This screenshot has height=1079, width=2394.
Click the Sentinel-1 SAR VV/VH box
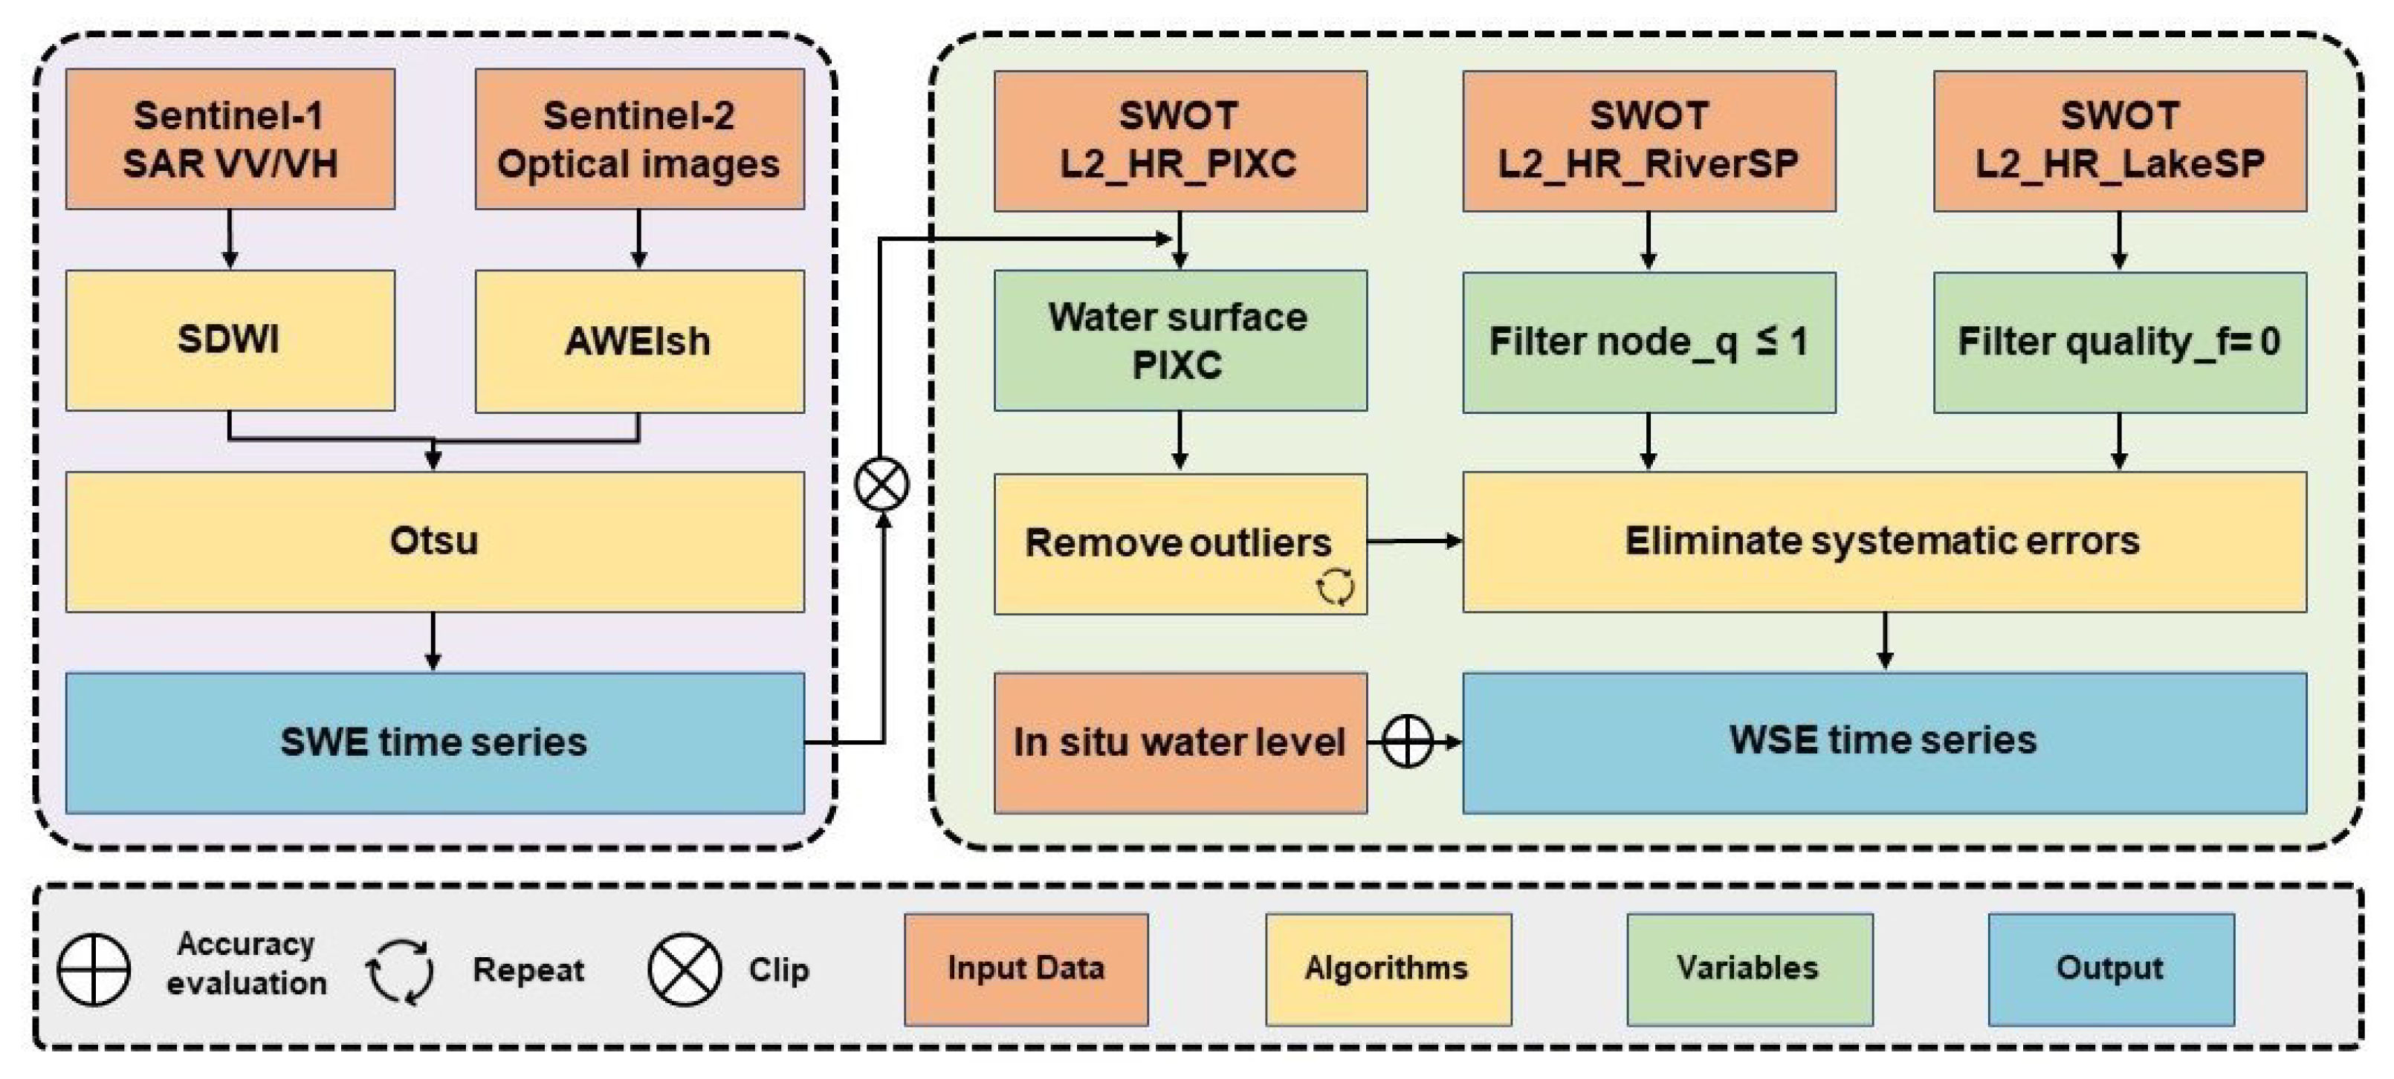tap(230, 140)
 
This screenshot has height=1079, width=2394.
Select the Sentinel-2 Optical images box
tap(639, 140)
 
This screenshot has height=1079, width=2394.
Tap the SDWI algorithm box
tap(230, 340)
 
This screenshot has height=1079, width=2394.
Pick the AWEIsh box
tap(639, 341)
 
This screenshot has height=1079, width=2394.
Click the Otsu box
tap(434, 541)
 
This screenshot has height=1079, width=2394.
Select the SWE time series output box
tap(434, 742)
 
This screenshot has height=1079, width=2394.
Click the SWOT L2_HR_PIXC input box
tap(1180, 140)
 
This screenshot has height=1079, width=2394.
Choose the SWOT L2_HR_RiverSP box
tap(1648, 140)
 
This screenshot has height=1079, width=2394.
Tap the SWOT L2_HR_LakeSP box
tap(2119, 140)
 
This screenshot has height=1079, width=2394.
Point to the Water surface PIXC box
tap(1180, 340)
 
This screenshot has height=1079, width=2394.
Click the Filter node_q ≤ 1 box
tap(1648, 342)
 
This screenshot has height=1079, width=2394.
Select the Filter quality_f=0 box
tap(2119, 342)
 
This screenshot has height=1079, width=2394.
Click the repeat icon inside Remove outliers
tap(1335, 586)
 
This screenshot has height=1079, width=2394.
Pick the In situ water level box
tap(1180, 742)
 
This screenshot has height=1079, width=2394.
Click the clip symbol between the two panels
tap(881, 485)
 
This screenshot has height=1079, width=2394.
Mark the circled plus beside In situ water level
tap(1407, 742)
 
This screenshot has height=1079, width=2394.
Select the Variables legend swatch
tap(1748, 969)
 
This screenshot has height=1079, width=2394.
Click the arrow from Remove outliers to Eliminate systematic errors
tap(1414, 541)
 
